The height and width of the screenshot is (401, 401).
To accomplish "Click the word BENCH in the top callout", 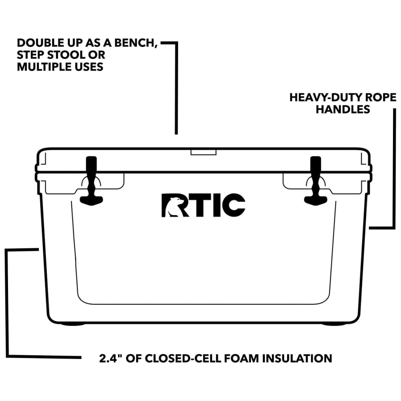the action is pos(135,43).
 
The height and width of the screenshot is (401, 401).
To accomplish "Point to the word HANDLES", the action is pos(343,109).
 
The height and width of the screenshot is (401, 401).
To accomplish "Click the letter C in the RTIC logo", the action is pos(233,205).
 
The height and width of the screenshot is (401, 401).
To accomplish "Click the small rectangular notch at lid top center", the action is pos(203,152).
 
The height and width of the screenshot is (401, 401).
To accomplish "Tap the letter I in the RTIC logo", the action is pos(215,205).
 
